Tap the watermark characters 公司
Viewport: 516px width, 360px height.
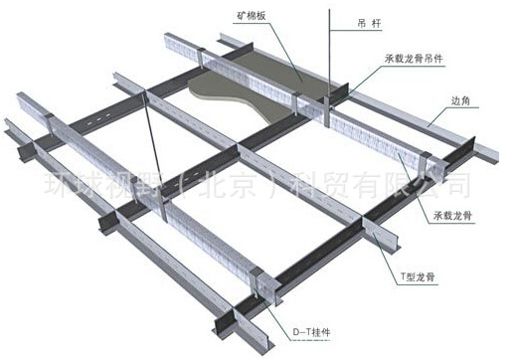point(441,185)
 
